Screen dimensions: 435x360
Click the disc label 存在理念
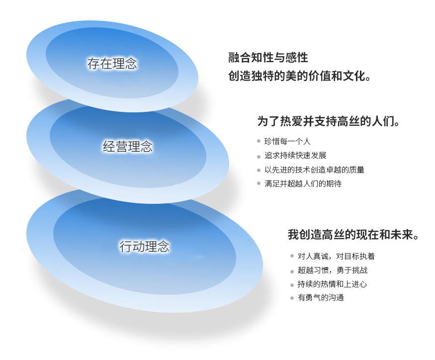tap(112, 64)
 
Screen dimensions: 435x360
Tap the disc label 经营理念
tap(128, 146)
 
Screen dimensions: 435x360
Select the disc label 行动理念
tap(144, 246)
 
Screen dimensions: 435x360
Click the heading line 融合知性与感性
tap(268, 58)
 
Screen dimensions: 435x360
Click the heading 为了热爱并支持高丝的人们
tap(328, 121)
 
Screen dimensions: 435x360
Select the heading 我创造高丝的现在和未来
tap(353, 235)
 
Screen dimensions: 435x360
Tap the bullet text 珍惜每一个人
tap(287, 141)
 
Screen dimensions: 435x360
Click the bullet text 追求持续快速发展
tap(295, 156)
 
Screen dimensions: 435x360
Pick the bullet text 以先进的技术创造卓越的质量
tap(314, 170)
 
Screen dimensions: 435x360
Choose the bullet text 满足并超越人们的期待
tap(303, 183)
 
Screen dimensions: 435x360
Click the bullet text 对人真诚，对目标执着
tap(336, 256)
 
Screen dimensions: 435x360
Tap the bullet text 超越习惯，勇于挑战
tap(333, 270)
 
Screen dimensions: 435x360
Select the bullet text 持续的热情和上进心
tap(332, 284)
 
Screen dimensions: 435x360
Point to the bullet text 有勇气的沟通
tap(321, 298)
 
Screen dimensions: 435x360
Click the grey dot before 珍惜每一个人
tap(259, 141)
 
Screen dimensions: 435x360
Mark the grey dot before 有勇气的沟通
tap(292, 298)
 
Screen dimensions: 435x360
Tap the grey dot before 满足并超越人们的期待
tap(259, 183)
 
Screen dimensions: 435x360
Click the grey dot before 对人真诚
tap(292, 256)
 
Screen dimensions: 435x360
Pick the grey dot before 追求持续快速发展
tap(259, 157)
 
